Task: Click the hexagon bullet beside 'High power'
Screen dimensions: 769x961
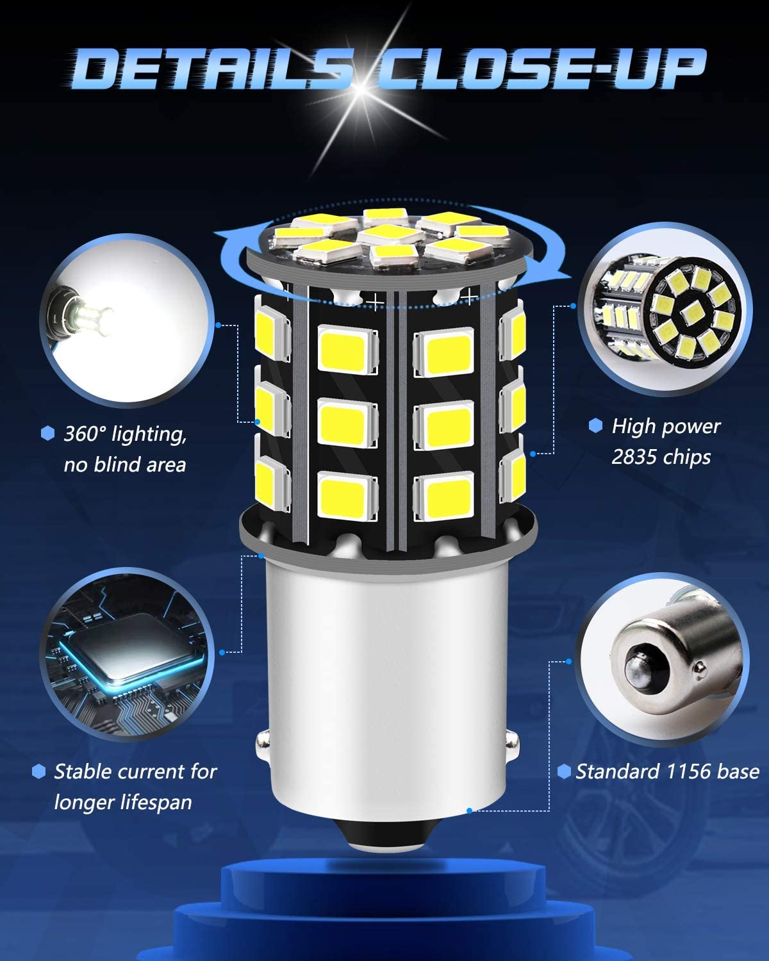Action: coord(595,425)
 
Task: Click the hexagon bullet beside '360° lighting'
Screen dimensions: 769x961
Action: coord(47,433)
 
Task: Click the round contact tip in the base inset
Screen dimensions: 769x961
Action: coord(640,672)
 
